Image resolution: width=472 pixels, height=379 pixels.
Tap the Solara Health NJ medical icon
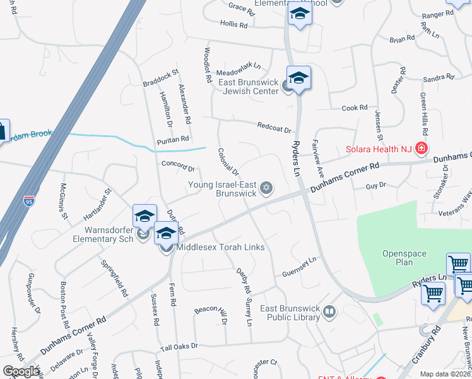click(422, 150)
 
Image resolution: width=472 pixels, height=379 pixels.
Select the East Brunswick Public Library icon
click(329, 311)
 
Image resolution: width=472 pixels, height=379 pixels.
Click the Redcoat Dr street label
click(274, 128)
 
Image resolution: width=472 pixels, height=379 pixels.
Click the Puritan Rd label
click(174, 139)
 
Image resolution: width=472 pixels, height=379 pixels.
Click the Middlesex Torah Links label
click(220, 247)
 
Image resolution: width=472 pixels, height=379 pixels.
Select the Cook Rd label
click(355, 108)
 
